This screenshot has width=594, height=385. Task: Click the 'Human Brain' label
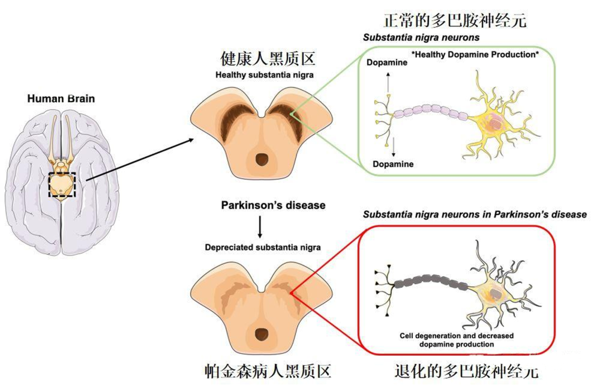[x=61, y=98]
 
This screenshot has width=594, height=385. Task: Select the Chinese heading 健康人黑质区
[x=268, y=59]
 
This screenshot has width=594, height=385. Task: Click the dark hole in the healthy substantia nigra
[x=262, y=159]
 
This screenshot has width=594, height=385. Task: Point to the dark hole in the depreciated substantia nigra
[x=262, y=333]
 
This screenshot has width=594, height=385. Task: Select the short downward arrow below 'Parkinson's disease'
[x=260, y=226]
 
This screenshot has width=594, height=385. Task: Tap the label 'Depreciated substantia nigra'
[x=263, y=247]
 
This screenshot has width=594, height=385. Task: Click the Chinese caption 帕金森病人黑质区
[x=267, y=369]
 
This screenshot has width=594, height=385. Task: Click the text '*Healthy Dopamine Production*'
[x=475, y=55]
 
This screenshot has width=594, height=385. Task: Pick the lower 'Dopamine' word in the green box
[x=392, y=163]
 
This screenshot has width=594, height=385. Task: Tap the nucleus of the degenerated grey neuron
[x=496, y=294]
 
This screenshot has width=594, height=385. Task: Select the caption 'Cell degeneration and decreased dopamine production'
[x=457, y=340]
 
